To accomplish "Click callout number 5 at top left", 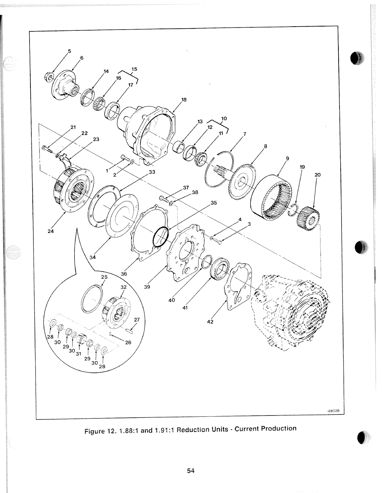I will [69, 51].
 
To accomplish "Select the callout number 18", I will [184, 99].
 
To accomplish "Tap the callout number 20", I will [317, 175].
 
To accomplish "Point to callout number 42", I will [210, 322].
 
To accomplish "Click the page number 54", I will [191, 471].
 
